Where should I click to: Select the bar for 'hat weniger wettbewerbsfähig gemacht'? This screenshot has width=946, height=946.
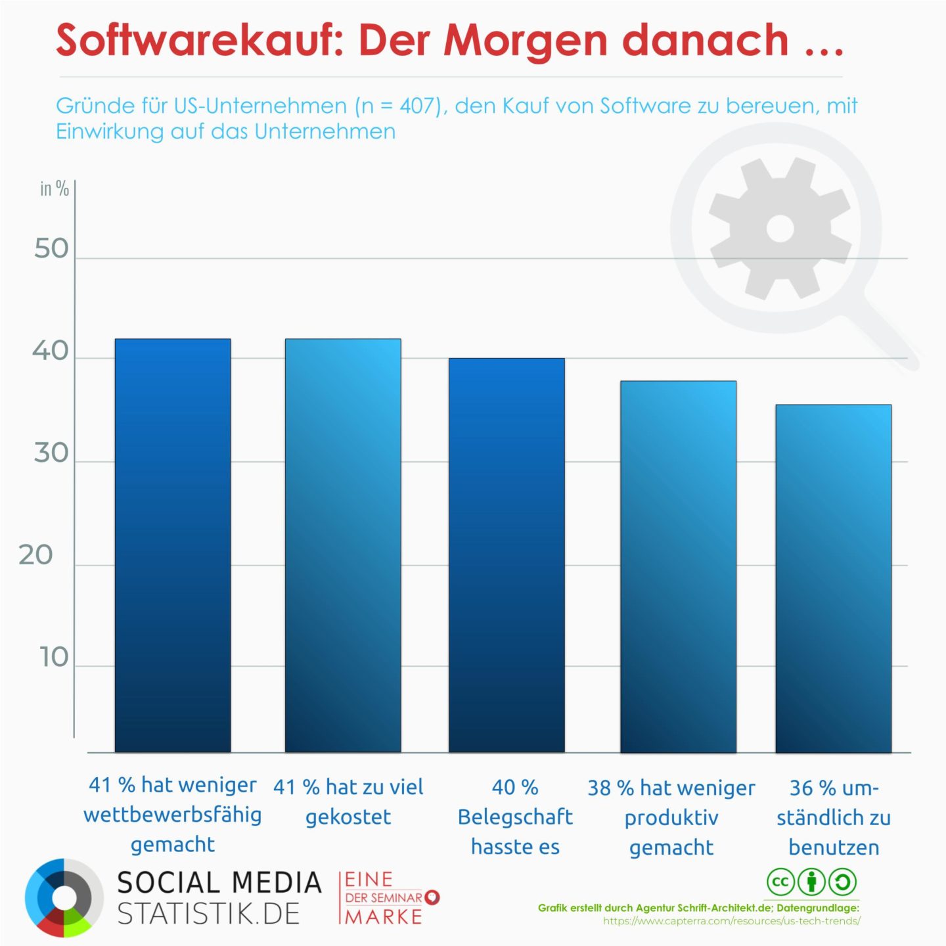pos(173,545)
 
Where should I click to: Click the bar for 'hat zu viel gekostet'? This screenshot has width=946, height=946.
pos(343,545)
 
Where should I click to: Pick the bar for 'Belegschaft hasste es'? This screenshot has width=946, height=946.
pos(507,555)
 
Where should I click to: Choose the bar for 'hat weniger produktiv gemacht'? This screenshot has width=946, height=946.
pos(678,566)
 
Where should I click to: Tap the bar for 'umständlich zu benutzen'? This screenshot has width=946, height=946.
pos(833,578)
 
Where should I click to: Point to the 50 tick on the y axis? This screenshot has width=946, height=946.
pos(51,249)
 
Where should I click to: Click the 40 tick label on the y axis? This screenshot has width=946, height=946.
pos(51,351)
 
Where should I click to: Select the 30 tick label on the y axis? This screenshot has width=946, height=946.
pos(51,453)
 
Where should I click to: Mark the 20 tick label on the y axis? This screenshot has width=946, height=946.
pos(36,555)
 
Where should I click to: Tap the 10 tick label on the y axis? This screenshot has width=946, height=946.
pos(54,657)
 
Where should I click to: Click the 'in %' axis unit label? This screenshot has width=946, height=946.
pos(55,189)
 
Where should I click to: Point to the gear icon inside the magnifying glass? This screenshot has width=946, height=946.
pos(780,229)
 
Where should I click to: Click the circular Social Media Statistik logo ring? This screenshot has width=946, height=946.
pos(64,897)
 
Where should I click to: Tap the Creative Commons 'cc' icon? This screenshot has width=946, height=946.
pos(780,882)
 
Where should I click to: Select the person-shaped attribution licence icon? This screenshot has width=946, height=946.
pos(811,882)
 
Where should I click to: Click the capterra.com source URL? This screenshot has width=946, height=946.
pos(731,921)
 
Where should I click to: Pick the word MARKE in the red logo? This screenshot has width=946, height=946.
pos(384,916)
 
